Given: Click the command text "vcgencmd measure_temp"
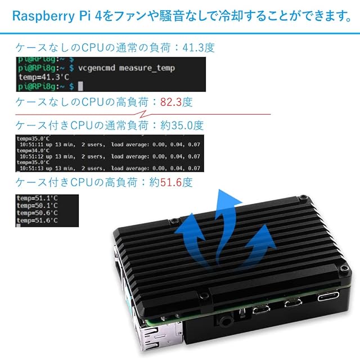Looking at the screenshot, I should point(127,68).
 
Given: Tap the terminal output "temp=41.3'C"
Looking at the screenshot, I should point(39,77).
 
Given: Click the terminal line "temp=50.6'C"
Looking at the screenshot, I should point(34,214).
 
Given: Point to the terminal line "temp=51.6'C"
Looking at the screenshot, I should point(34,221).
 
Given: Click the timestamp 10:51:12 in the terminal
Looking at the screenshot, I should point(38,156).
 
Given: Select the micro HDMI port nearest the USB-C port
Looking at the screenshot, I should point(292,304).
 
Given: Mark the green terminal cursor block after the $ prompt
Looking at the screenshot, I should point(81,86).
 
